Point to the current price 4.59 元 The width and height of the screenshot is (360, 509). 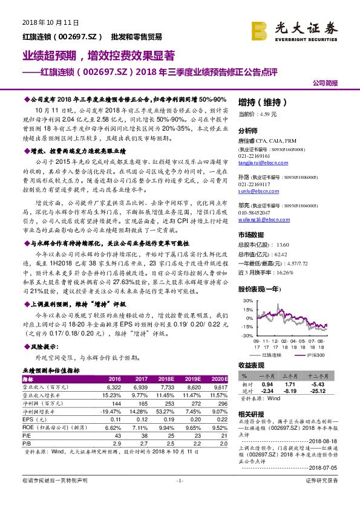coord(257,113)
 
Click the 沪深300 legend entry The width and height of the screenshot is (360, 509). coord(316,355)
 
